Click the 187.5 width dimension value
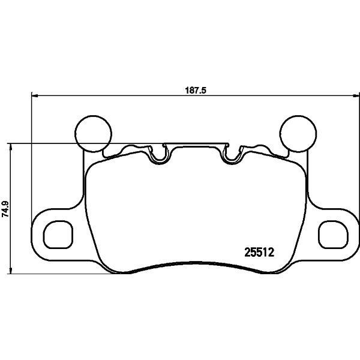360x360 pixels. coord(196,90)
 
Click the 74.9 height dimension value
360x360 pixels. coord(5,209)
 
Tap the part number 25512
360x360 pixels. coord(259,253)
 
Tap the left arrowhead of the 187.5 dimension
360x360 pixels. coord(34,95)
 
